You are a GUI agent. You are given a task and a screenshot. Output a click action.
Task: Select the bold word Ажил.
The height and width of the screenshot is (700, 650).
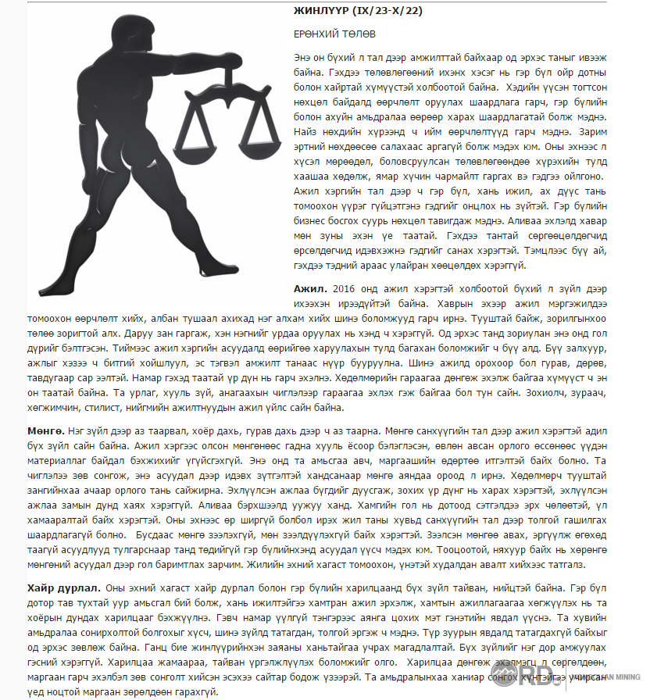(x=310, y=288)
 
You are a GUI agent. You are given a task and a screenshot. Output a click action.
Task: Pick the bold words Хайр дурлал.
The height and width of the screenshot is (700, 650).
(x=62, y=587)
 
